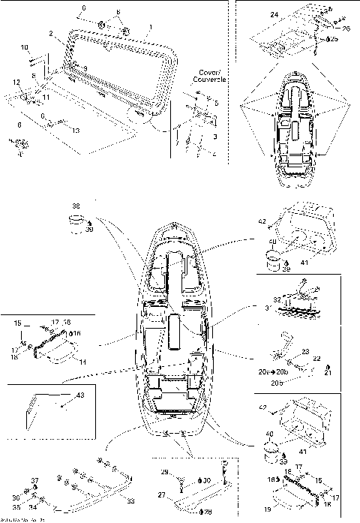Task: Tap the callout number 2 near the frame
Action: click(50, 34)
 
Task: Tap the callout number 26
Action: click(346, 29)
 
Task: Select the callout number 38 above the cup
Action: click(76, 205)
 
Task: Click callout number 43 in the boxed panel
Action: click(80, 395)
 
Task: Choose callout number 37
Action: click(34, 480)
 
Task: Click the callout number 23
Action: click(305, 350)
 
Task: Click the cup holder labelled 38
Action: click(76, 220)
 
